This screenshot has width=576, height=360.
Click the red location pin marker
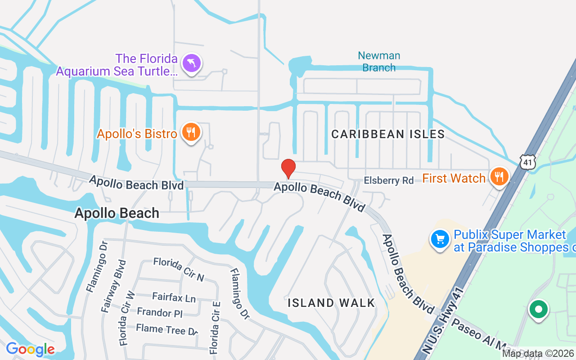[x=288, y=168]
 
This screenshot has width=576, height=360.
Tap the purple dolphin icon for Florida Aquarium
[x=192, y=63]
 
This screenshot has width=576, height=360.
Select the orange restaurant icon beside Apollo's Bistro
[x=191, y=132]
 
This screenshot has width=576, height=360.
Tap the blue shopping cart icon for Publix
[x=440, y=239]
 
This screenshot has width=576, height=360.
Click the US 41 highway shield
[x=527, y=162]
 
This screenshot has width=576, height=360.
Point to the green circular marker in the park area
[x=538, y=310]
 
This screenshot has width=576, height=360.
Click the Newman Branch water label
[x=379, y=62]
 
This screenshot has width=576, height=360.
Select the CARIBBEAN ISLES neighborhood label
[x=388, y=134]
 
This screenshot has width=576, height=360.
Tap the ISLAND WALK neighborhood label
[x=332, y=303]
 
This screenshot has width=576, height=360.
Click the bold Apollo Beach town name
[x=117, y=213]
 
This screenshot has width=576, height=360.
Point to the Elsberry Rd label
[x=389, y=180]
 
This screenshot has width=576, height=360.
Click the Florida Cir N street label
[x=179, y=269]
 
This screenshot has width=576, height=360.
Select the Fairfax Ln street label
[x=174, y=297]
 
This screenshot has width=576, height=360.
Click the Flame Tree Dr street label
[x=167, y=329]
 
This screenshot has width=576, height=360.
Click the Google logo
[x=30, y=349]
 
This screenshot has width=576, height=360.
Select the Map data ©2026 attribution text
[x=538, y=354]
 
